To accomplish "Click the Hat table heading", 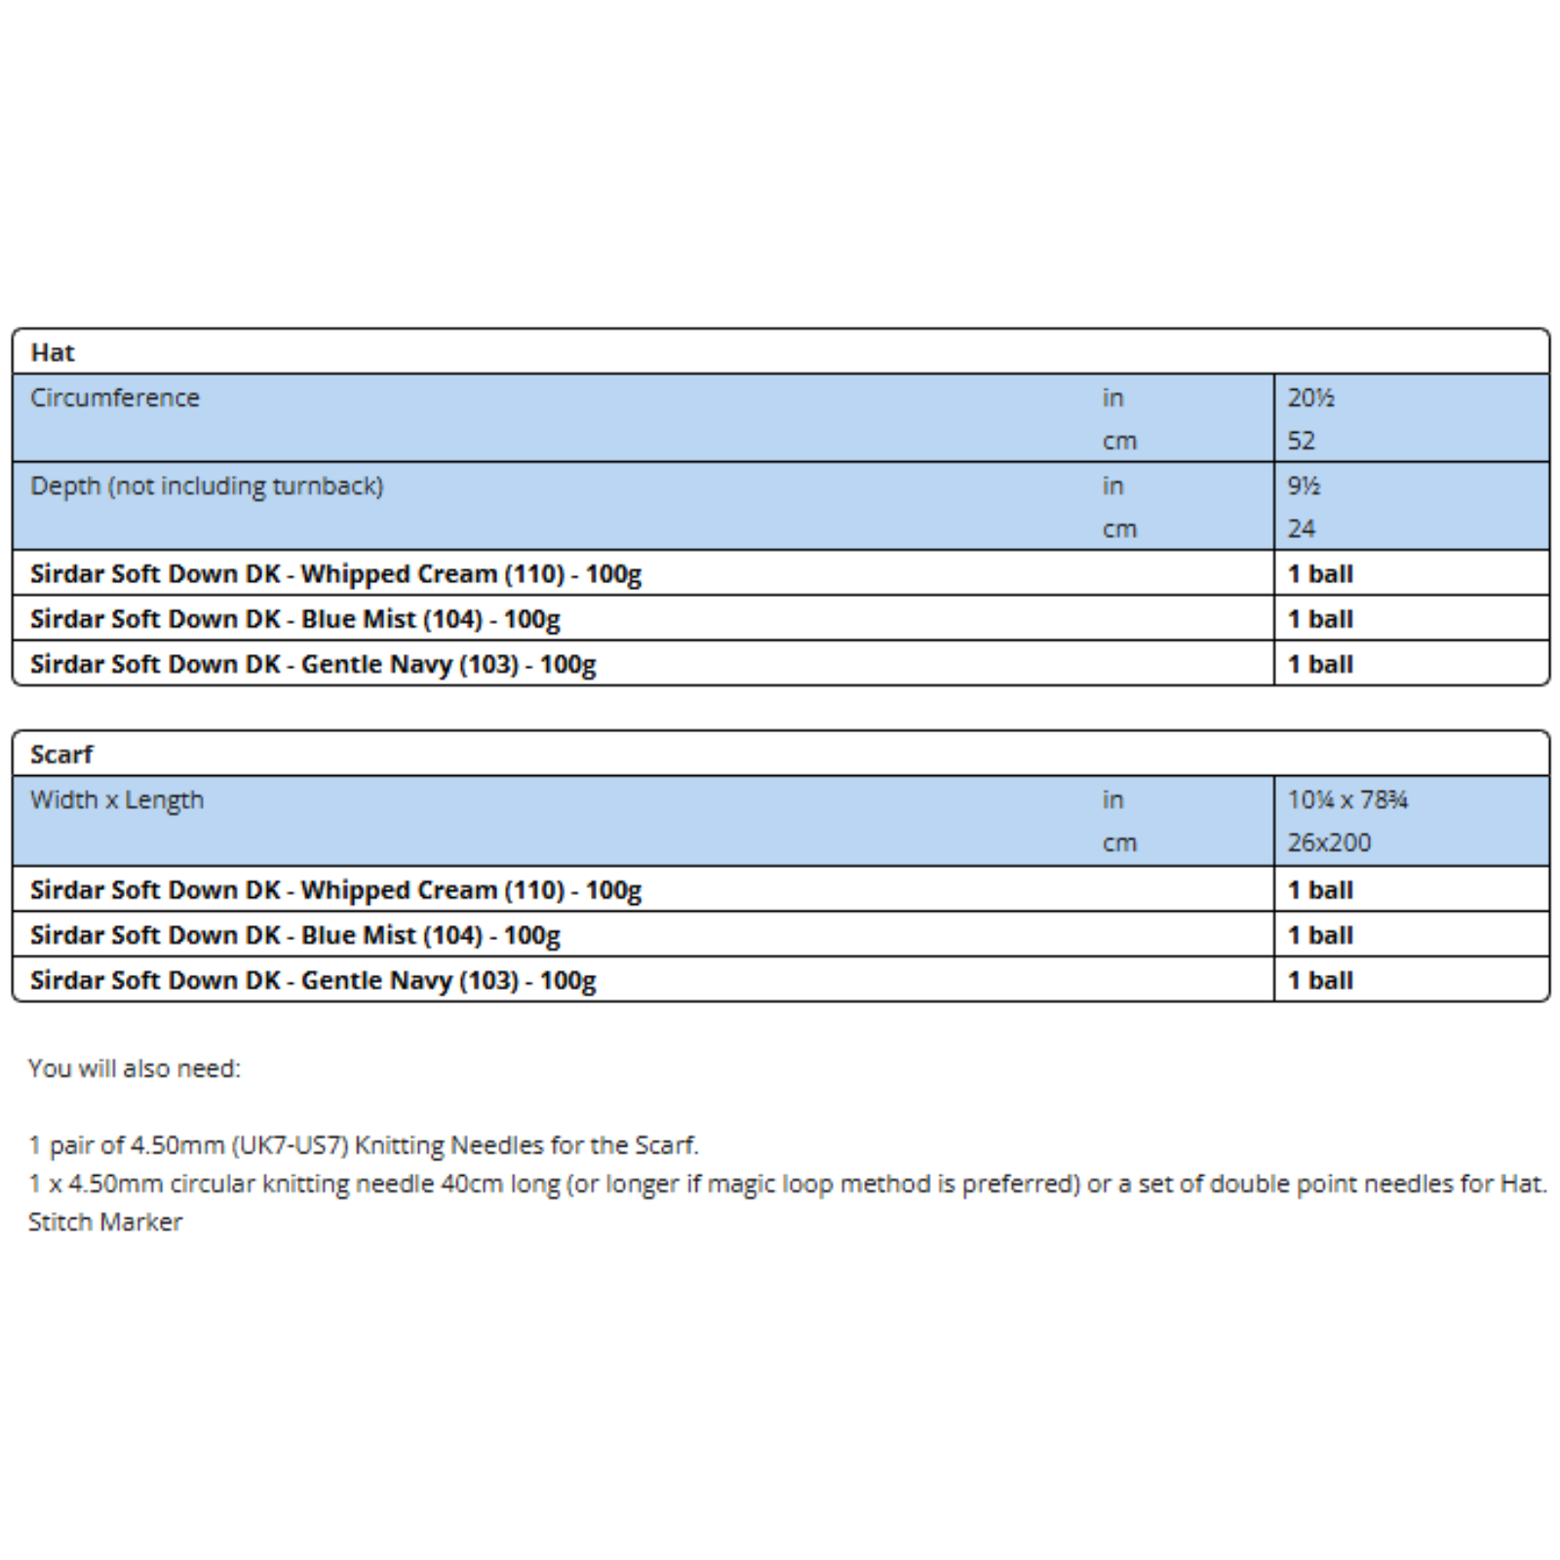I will pyautogui.click(x=53, y=352).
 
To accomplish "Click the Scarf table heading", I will pyautogui.click(x=61, y=754).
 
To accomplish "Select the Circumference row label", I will pyautogui.click(x=115, y=398).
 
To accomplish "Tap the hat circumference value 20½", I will pyautogui.click(x=1310, y=398).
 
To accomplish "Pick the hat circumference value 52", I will pyautogui.click(x=1301, y=441).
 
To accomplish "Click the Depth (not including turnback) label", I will pyautogui.click(x=207, y=486).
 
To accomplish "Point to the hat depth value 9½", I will pyautogui.click(x=1304, y=486).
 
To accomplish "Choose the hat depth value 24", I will pyautogui.click(x=1301, y=528).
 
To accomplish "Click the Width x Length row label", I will pyautogui.click(x=117, y=799).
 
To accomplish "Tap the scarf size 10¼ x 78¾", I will pyautogui.click(x=1347, y=799).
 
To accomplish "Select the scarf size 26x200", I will pyautogui.click(x=1329, y=842).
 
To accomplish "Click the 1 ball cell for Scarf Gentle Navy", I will pyautogui.click(x=1320, y=980).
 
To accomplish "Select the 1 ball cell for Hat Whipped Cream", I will pyautogui.click(x=1320, y=573).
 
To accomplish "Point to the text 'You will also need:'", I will pyautogui.click(x=135, y=1069).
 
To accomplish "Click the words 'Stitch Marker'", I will pyautogui.click(x=105, y=1222).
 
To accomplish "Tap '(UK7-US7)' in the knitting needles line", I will pyautogui.click(x=292, y=1145).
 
